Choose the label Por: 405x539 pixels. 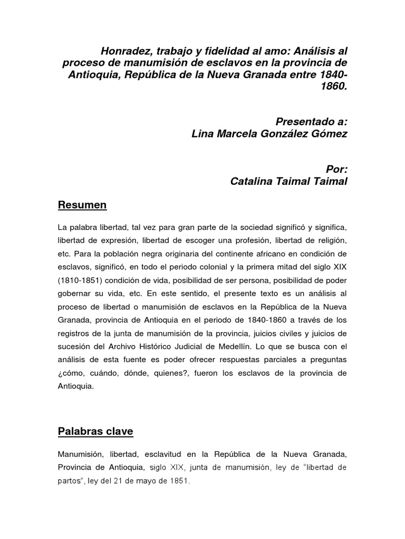337,168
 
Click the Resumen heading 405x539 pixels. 82,205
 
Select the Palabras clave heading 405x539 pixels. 95,432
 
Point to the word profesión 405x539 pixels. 251,240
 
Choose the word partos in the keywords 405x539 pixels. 70,481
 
